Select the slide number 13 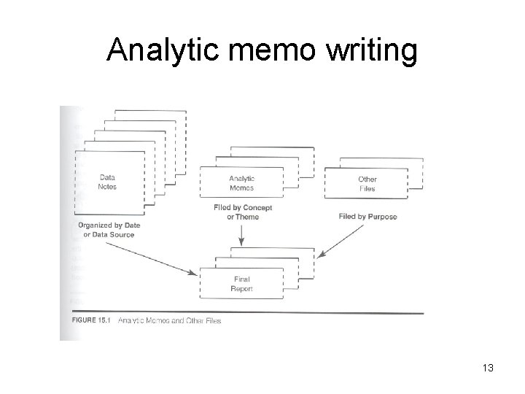[x=487, y=368]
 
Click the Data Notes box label [x=107, y=182]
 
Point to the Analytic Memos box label [x=241, y=182]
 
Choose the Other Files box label [x=367, y=183]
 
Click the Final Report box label [x=241, y=283]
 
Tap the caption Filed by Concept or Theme [x=243, y=212]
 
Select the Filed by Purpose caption [x=367, y=217]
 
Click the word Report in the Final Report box [x=241, y=288]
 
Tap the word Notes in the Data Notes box [x=107, y=187]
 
